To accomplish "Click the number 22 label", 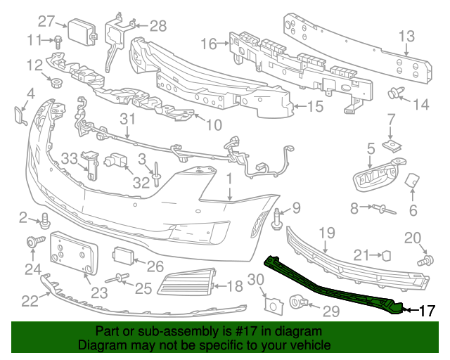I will coord(30,301).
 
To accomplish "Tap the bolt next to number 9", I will coord(276,219).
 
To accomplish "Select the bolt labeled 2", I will coord(44,219).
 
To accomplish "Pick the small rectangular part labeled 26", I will coord(123,255).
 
